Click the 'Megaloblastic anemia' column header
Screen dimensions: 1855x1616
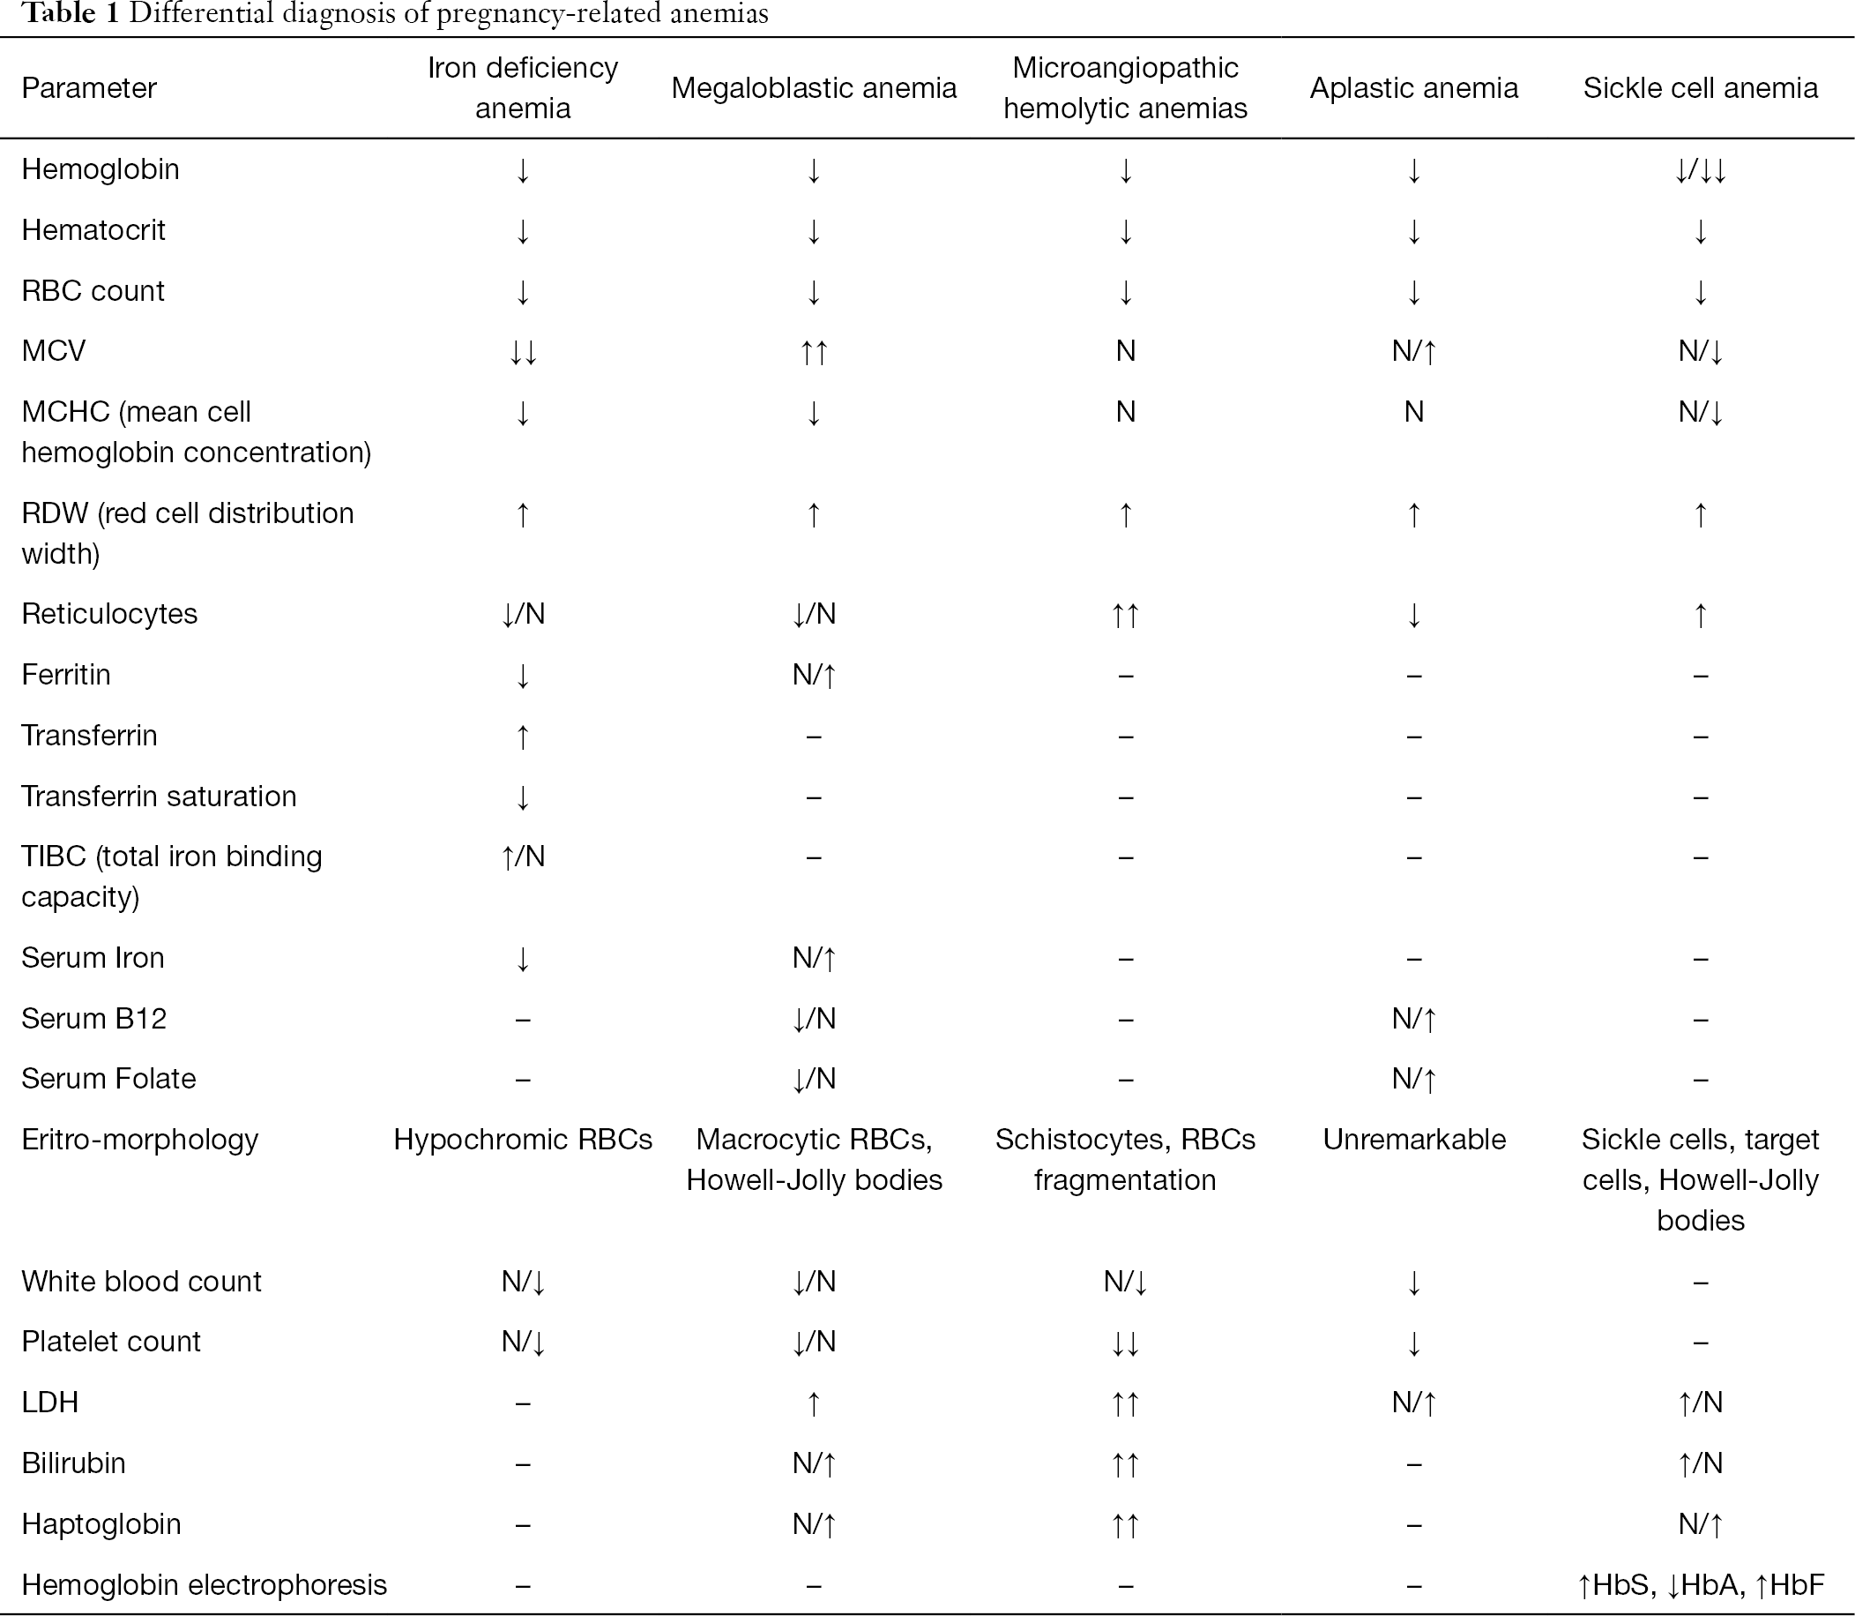813,88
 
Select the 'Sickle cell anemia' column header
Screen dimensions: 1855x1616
1700,88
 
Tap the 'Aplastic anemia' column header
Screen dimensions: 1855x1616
1413,88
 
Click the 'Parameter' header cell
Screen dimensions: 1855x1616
89,88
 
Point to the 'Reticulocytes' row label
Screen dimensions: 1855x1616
109,613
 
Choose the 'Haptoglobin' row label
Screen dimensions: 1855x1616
101,1523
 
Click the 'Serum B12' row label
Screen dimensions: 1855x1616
93,1018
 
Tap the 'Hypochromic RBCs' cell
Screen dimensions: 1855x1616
523,1139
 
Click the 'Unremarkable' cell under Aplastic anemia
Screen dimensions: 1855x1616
1414,1139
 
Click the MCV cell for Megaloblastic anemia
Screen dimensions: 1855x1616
813,351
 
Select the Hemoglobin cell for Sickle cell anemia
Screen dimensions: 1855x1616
1700,169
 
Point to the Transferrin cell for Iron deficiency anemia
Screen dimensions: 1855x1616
523,736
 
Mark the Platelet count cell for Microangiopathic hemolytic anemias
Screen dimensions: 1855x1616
1125,1342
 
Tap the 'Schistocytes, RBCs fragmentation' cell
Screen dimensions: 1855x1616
1125,1160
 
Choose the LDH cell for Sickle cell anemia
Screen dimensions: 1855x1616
1700,1403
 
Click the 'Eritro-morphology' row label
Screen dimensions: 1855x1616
139,1139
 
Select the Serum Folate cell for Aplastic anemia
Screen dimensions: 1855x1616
1414,1079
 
